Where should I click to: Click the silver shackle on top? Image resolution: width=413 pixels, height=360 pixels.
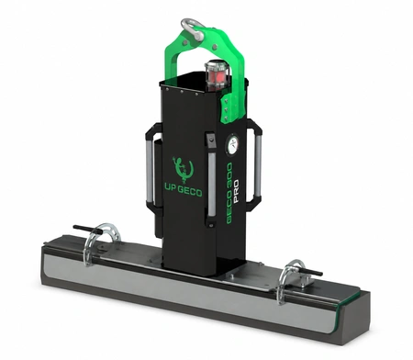193,29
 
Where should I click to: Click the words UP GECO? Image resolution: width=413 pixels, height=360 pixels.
184,192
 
